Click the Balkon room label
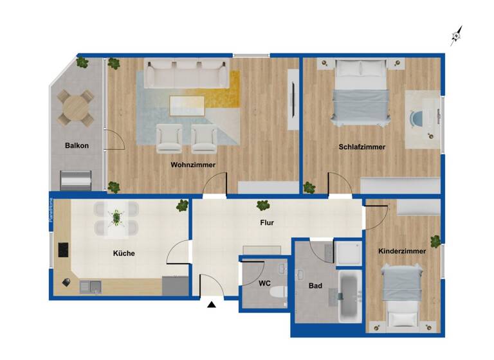tap(77, 145)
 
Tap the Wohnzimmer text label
tap(193, 165)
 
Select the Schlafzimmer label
tap(362, 147)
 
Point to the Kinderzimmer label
tap(402, 251)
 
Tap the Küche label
tap(124, 253)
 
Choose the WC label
tap(264, 283)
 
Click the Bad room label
tap(315, 285)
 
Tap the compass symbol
tap(456, 37)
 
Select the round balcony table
tap(76, 106)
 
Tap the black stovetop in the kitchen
tap(64, 249)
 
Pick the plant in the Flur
tap(262, 206)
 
